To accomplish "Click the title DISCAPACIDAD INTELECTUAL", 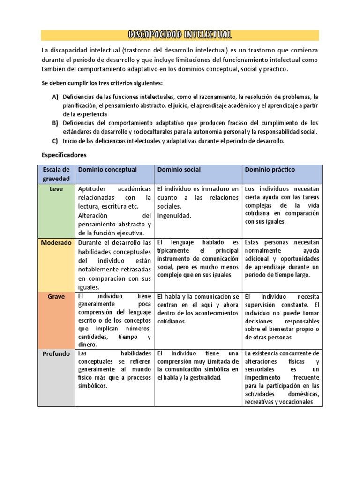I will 180,35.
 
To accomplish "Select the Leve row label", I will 56,188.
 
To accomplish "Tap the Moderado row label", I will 56,243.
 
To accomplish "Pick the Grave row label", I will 56,297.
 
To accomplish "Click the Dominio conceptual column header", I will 107,169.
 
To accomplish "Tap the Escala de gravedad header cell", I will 56,174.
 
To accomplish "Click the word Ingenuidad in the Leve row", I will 174,216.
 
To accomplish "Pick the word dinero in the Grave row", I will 88,345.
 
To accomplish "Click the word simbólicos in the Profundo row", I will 93,386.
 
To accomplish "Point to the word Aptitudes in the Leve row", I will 93,189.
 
